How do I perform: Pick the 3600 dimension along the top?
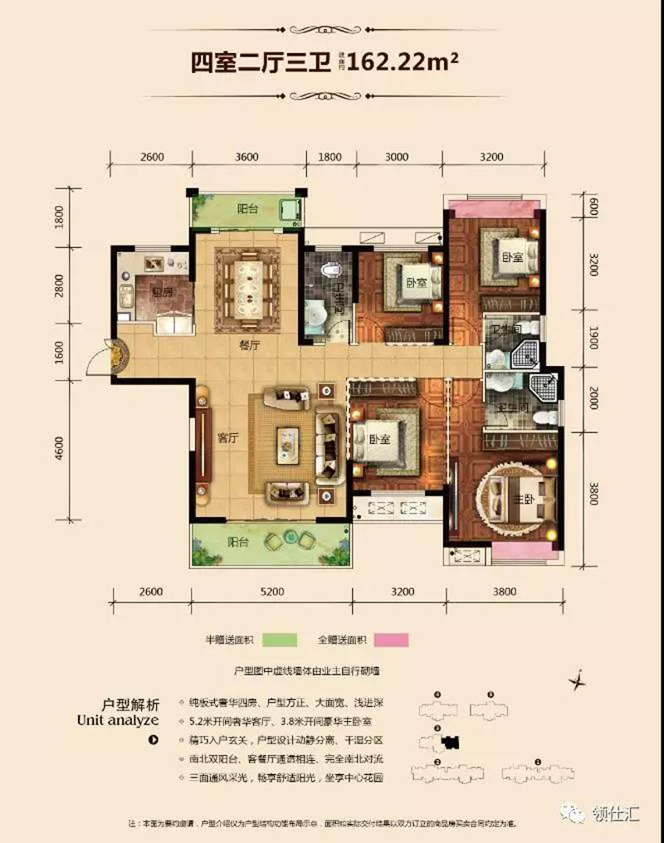click(247, 157)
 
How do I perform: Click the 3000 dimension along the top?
click(397, 157)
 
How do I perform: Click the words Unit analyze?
click(118, 719)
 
